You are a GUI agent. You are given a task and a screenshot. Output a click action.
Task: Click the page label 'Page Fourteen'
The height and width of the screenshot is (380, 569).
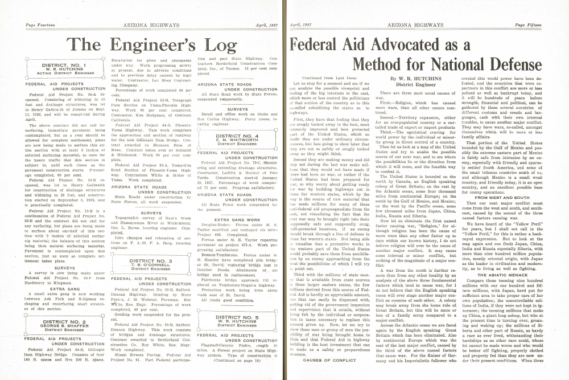38,26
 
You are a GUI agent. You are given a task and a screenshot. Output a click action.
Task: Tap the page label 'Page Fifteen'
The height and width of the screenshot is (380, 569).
528,26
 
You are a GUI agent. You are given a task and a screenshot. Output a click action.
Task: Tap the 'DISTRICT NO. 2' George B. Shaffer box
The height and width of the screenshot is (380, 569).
61,325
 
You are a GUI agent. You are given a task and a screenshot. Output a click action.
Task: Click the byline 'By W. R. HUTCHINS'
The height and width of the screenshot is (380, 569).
408,78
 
